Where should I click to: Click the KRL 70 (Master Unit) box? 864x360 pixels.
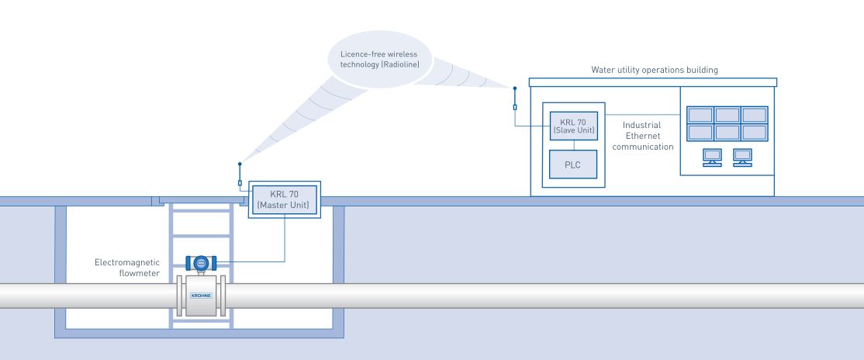283,199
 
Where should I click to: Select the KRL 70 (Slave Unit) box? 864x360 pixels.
574,126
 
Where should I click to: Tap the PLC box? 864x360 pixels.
574,164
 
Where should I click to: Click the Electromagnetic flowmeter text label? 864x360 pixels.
126,268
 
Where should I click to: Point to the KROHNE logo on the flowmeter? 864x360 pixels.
201,296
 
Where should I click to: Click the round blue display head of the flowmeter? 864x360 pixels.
201,263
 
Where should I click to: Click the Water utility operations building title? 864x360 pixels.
654,70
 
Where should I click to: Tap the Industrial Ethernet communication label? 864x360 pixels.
641,135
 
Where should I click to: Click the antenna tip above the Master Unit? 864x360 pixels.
240,164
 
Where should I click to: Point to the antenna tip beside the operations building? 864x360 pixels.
514,87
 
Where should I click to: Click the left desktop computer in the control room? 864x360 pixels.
711,157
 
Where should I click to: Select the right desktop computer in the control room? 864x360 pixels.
742,157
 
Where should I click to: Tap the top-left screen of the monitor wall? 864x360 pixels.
700,115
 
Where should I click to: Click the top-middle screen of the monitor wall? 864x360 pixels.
727,115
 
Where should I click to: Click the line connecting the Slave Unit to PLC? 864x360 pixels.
574,145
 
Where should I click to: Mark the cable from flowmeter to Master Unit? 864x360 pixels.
285,241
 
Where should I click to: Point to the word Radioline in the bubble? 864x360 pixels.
400,64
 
